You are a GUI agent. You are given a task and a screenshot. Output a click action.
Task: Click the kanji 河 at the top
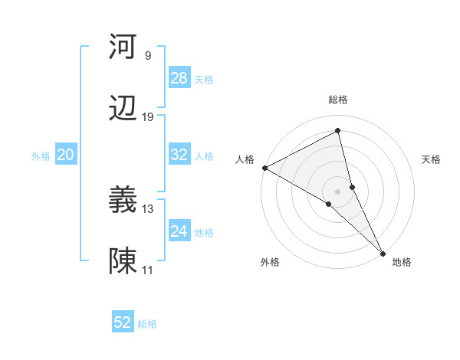click(x=123, y=47)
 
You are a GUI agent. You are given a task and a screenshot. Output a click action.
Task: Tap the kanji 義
click(x=123, y=201)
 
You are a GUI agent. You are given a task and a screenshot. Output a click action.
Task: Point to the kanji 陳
click(x=123, y=263)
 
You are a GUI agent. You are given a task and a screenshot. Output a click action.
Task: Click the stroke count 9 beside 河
click(x=147, y=55)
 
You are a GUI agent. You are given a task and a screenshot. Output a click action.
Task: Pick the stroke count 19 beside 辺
click(x=148, y=117)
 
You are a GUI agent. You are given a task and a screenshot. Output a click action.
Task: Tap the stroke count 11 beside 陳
click(x=148, y=270)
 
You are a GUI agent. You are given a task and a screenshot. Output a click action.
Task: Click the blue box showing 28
click(x=179, y=78)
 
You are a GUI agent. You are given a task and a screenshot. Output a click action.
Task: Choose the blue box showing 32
click(x=179, y=155)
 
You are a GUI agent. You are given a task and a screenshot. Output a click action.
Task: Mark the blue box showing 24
click(x=179, y=231)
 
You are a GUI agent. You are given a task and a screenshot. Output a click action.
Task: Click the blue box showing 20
click(x=65, y=155)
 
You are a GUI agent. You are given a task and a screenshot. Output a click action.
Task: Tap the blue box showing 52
click(x=123, y=322)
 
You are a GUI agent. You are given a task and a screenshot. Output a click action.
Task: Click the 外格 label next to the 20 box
click(x=41, y=155)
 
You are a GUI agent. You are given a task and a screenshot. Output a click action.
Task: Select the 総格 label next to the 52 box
click(x=147, y=324)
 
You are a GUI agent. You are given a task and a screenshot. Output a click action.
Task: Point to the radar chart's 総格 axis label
click(x=338, y=100)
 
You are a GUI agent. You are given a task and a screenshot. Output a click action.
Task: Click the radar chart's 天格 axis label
click(x=432, y=159)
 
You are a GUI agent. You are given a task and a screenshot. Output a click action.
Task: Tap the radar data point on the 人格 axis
click(x=264, y=168)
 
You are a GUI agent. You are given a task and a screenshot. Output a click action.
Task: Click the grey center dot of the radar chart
click(x=338, y=191)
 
